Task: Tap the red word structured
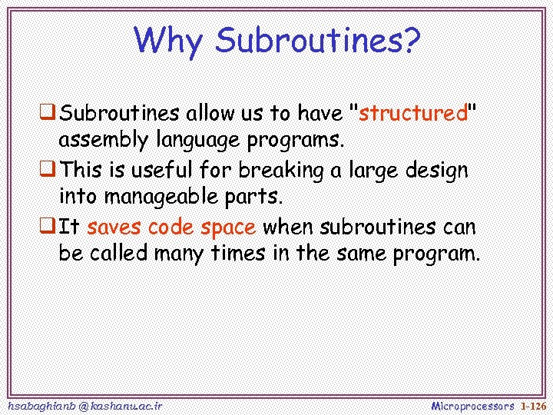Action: pos(413,114)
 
